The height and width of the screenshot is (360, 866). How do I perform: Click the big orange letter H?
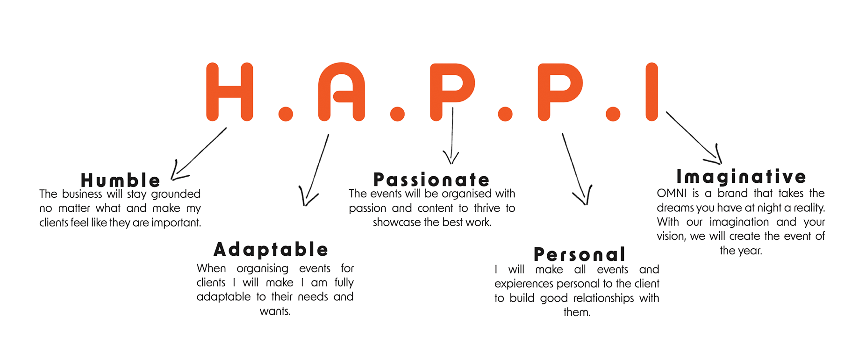click(x=229, y=92)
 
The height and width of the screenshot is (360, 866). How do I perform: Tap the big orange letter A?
click(x=342, y=92)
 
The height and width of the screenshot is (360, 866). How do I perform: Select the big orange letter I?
click(x=652, y=92)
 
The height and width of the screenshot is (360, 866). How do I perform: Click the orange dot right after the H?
click(x=286, y=114)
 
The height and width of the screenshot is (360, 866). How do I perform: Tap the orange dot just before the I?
click(x=613, y=114)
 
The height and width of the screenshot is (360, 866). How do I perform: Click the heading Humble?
click(x=121, y=180)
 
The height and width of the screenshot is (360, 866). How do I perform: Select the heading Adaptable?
click(x=271, y=249)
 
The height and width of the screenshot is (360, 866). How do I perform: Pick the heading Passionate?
click(x=431, y=180)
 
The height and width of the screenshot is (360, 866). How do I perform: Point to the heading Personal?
click(x=580, y=254)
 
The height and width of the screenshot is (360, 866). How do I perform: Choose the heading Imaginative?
click(x=741, y=176)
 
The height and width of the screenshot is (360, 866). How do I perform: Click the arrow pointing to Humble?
click(x=199, y=154)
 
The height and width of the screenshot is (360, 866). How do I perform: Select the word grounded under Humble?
click(x=176, y=194)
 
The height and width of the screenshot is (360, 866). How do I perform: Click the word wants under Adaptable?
click(x=275, y=311)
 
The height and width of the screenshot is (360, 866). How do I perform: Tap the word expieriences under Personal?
click(x=524, y=284)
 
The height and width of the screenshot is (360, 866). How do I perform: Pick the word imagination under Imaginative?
click(x=739, y=222)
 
